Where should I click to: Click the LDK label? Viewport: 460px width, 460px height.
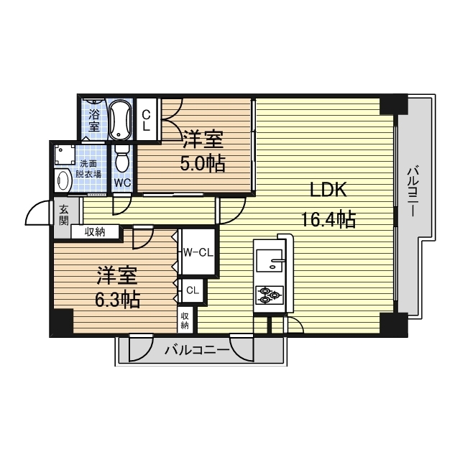pyautogui.click(x=328, y=190)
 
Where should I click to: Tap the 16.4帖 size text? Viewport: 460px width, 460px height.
pyautogui.click(x=328, y=219)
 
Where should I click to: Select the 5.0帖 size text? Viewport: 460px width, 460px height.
pyautogui.click(x=203, y=163)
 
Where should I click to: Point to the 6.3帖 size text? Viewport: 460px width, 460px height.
pyautogui.click(x=117, y=299)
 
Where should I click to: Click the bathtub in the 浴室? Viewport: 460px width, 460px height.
pyautogui.click(x=120, y=120)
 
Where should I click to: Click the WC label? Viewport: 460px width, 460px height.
pyautogui.click(x=122, y=183)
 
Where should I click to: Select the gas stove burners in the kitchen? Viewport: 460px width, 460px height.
pyautogui.click(x=270, y=294)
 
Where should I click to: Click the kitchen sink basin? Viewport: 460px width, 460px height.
pyautogui.click(x=270, y=260)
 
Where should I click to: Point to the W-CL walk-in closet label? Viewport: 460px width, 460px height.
pyautogui.click(x=198, y=252)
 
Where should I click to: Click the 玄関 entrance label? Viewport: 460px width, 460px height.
pyautogui.click(x=64, y=215)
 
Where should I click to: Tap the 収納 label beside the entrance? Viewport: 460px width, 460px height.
pyautogui.click(x=95, y=232)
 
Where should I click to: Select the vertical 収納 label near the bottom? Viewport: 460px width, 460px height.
pyautogui.click(x=185, y=320)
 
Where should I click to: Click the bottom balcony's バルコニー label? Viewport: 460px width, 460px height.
pyautogui.click(x=197, y=350)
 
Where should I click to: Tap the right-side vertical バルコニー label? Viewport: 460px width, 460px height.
pyautogui.click(x=413, y=191)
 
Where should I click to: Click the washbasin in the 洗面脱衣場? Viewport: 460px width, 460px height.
pyautogui.click(x=63, y=180)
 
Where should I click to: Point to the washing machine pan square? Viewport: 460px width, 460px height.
pyautogui.click(x=64, y=155)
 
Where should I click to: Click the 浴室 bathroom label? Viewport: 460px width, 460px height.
pyautogui.click(x=94, y=120)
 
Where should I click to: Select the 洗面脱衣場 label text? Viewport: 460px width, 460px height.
pyautogui.click(x=88, y=169)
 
